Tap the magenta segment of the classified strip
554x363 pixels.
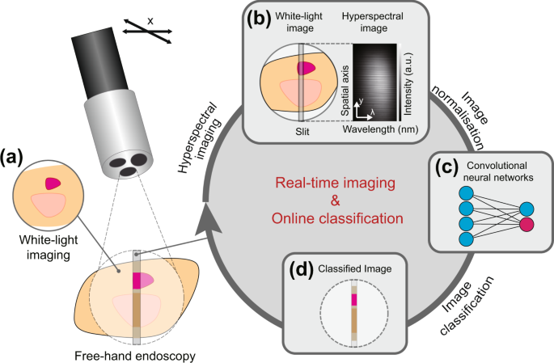[x=354, y=299]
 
